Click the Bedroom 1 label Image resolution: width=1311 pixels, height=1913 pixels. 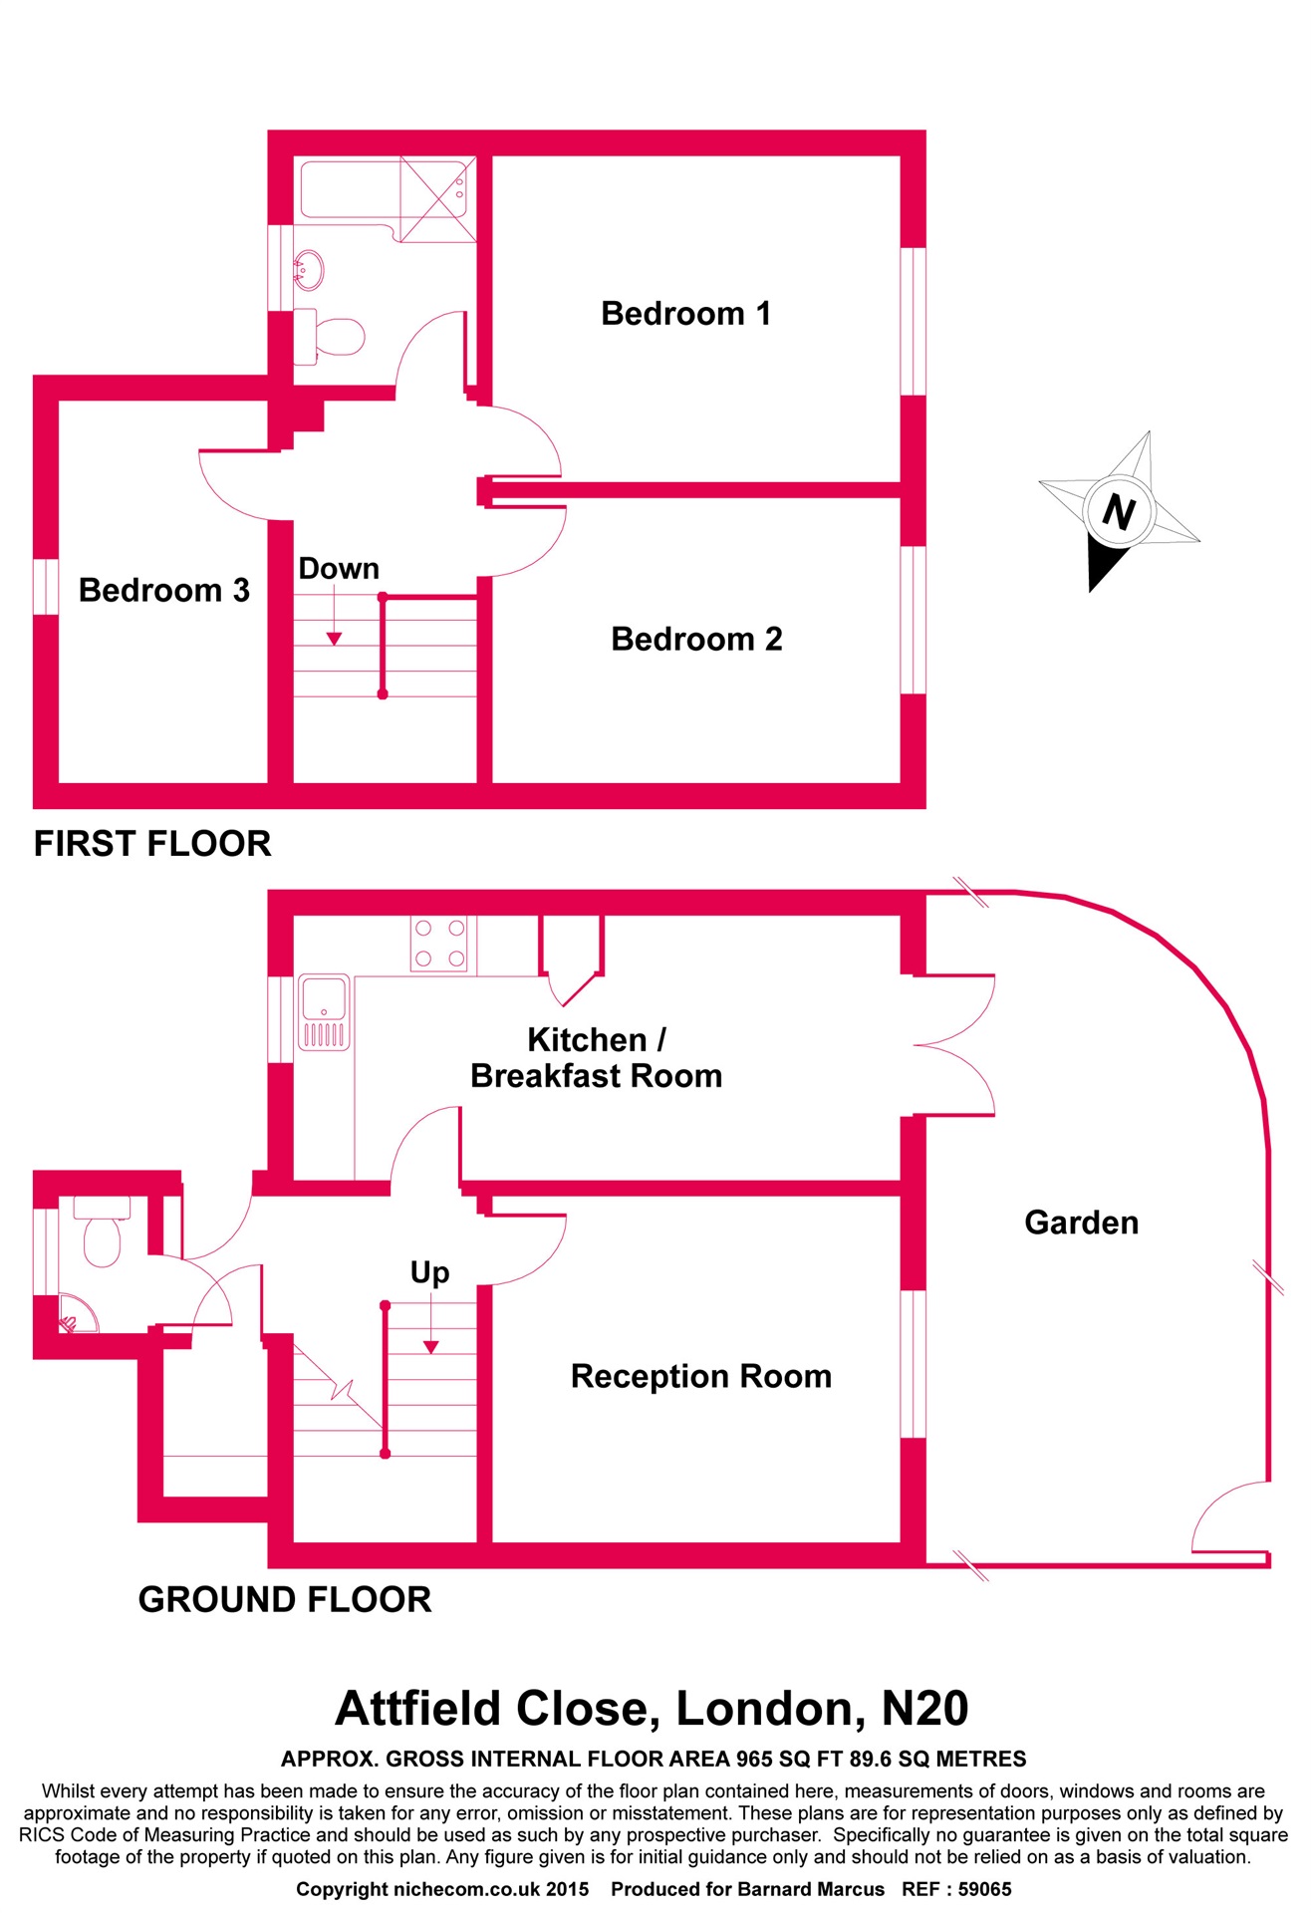(685, 314)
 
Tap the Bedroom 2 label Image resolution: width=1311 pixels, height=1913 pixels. (696, 639)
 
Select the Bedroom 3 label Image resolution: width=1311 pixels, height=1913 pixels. (163, 590)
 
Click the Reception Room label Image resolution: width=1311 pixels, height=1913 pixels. (700, 1376)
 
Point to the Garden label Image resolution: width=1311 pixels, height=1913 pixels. (1081, 1223)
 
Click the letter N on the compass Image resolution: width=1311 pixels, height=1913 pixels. (1119, 512)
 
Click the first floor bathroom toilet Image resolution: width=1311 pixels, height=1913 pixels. (335, 336)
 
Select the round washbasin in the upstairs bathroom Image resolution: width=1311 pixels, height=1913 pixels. (309, 268)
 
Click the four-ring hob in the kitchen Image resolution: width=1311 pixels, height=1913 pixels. (439, 943)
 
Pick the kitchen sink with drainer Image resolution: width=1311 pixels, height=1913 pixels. (324, 1012)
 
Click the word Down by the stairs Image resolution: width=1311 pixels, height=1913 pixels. (339, 568)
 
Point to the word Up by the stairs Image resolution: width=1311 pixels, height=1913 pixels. (429, 1272)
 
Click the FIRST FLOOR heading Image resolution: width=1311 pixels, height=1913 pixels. (152, 844)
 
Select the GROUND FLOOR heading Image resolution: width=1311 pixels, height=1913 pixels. (285, 1599)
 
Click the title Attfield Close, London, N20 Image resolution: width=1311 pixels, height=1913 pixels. (652, 1709)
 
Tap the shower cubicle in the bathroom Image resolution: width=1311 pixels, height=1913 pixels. (437, 196)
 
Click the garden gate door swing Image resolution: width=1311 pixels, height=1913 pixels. (1230, 1516)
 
